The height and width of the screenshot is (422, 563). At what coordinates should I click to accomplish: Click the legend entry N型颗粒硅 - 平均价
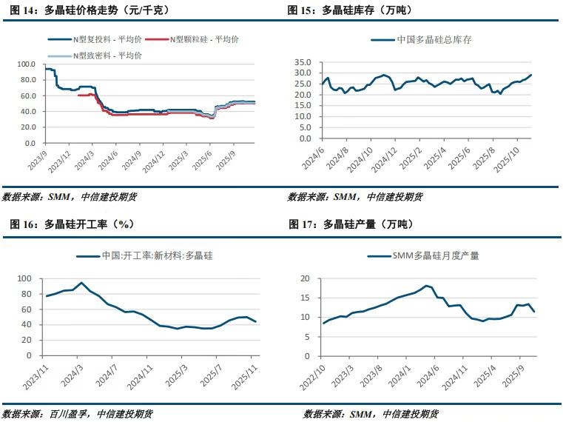tap(203, 39)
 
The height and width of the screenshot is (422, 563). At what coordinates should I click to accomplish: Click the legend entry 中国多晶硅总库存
tap(432, 39)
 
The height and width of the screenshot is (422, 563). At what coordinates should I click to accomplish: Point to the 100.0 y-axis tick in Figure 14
tap(26, 64)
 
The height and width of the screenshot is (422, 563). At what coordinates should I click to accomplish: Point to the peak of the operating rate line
tap(81, 283)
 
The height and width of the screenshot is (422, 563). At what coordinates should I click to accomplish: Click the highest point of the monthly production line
tap(427, 285)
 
